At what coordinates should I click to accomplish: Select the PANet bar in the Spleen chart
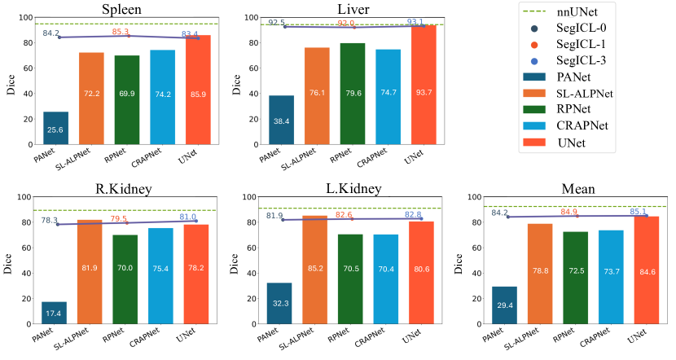click(x=56, y=130)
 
